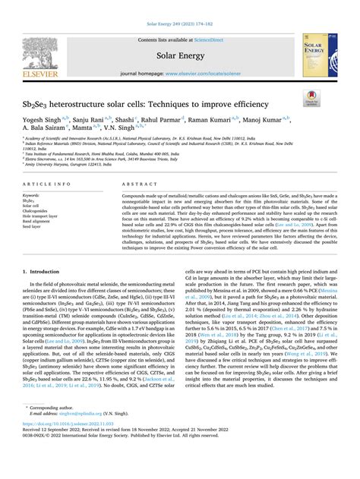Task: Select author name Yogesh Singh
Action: pos(43,119)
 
